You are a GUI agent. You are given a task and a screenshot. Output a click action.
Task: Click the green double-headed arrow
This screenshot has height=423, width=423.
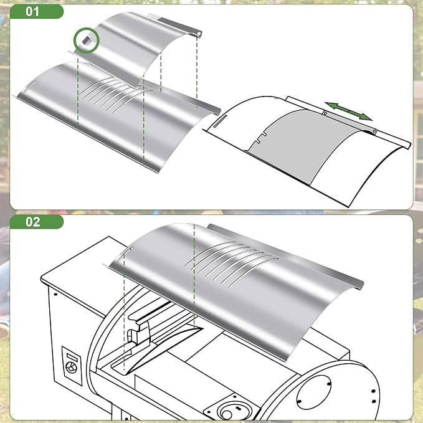pyautogui.click(x=348, y=111)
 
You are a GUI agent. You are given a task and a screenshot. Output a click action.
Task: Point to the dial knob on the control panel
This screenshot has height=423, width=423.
pyautogui.click(x=72, y=368)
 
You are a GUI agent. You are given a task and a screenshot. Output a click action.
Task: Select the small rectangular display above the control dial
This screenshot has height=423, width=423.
pyautogui.click(x=72, y=356)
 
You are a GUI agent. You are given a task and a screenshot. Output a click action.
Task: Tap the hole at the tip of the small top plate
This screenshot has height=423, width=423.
pyautogui.click(x=199, y=34)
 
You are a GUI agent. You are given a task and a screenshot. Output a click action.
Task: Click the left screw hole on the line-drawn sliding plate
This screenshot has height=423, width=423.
pyautogui.click(x=325, y=113)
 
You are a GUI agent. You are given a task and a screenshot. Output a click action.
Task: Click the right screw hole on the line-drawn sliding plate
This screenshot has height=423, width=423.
pyautogui.click(x=374, y=131)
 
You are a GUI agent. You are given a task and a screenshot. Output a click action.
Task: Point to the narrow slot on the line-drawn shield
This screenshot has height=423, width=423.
pyautogui.click(x=220, y=120)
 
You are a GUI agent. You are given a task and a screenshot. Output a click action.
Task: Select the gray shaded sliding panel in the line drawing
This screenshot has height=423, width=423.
pyautogui.click(x=305, y=146)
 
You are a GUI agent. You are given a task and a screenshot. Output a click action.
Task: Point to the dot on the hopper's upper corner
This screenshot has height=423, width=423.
pyautogui.click(x=55, y=294)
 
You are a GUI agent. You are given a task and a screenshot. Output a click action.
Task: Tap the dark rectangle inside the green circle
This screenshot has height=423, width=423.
pyautogui.click(x=87, y=40)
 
